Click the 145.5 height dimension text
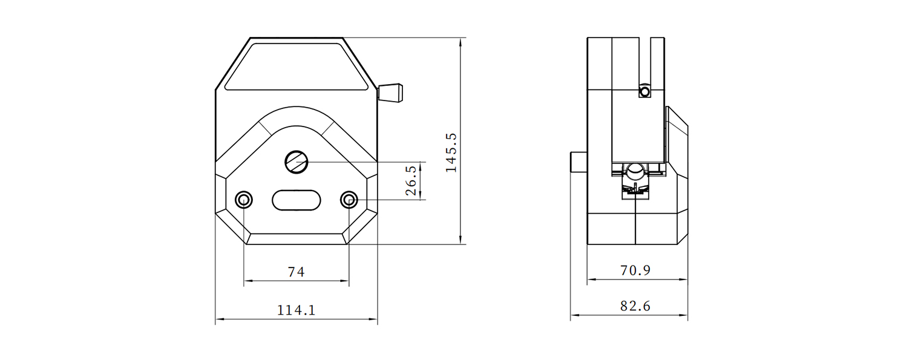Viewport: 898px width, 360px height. click(x=451, y=152)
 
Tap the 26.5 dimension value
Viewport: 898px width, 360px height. click(x=411, y=181)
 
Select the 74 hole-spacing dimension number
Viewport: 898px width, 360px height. click(x=297, y=272)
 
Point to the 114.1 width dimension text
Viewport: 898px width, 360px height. click(x=297, y=310)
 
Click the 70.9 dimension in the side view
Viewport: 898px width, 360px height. click(x=635, y=270)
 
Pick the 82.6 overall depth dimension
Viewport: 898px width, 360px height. click(x=635, y=306)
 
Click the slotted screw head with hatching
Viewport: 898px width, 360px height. click(x=297, y=162)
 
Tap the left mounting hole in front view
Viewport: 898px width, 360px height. click(x=244, y=200)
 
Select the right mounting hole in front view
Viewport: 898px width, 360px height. click(x=349, y=200)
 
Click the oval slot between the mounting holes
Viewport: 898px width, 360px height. click(x=297, y=200)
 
